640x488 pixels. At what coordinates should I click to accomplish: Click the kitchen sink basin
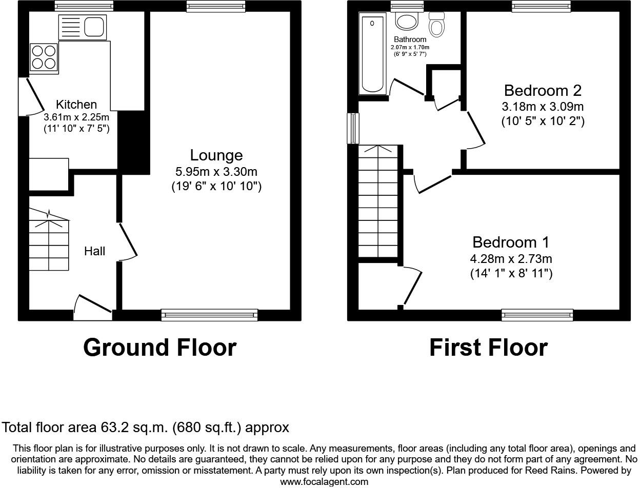(94, 27)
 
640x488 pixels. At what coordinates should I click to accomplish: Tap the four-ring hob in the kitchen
(44, 57)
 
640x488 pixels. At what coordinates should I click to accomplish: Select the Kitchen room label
(76, 104)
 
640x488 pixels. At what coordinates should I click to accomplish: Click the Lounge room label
(216, 155)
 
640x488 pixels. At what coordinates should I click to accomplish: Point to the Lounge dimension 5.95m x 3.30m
(216, 172)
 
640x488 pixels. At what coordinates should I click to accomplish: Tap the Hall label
(94, 251)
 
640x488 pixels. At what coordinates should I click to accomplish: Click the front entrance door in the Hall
(93, 308)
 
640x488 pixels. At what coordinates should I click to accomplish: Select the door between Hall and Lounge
(127, 241)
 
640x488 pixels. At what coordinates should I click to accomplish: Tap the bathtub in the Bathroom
(372, 54)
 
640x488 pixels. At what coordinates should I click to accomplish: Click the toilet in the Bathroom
(437, 24)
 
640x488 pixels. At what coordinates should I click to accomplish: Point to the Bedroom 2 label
(543, 90)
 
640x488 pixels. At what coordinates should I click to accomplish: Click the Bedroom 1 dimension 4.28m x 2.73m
(511, 259)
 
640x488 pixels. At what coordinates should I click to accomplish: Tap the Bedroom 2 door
(475, 130)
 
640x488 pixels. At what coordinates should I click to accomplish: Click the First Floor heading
(488, 348)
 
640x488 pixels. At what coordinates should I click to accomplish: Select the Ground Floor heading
(160, 348)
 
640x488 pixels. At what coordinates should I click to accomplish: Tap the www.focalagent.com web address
(324, 482)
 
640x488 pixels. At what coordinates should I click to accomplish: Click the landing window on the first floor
(353, 128)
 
